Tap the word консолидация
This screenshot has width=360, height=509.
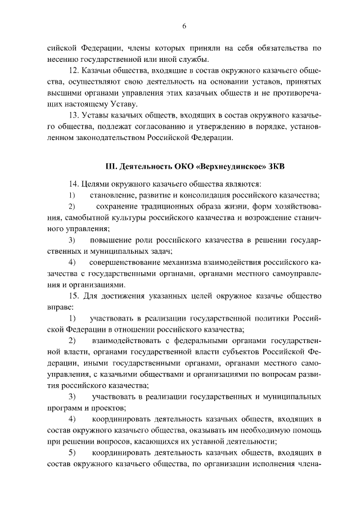coord(209,195)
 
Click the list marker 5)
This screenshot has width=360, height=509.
coord(72,453)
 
